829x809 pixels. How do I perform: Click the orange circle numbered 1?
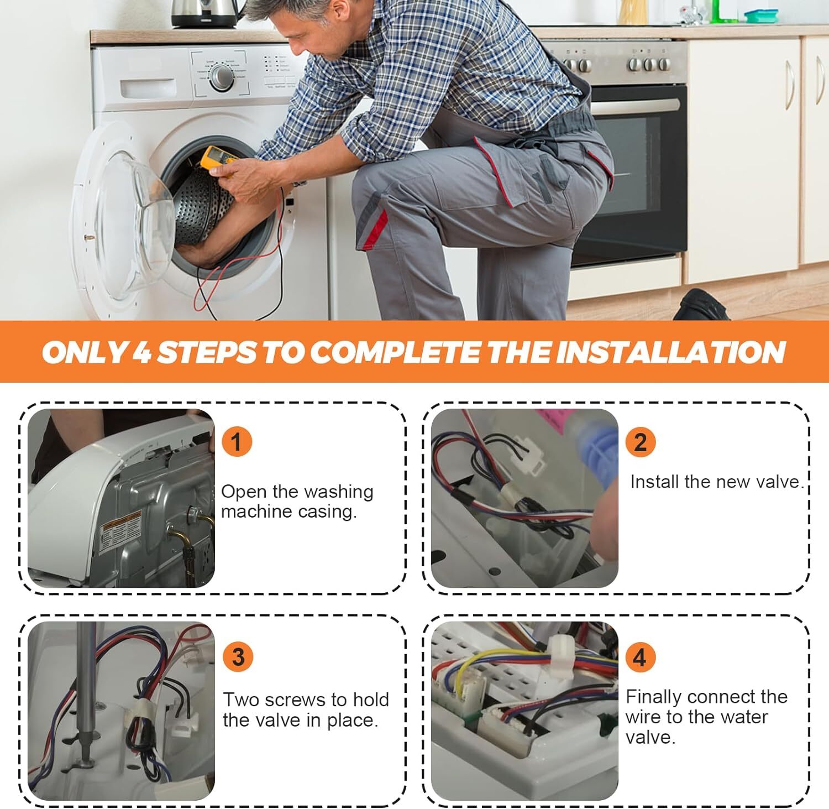pos(237,442)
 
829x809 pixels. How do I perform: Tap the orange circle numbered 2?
pos(640,442)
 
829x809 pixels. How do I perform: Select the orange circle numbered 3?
pos(238,656)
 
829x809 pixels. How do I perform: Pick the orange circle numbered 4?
pos(639,657)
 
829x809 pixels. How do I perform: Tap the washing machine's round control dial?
pos(221,77)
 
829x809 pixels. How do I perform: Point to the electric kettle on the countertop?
pos(201,13)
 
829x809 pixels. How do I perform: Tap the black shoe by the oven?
pos(701,305)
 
